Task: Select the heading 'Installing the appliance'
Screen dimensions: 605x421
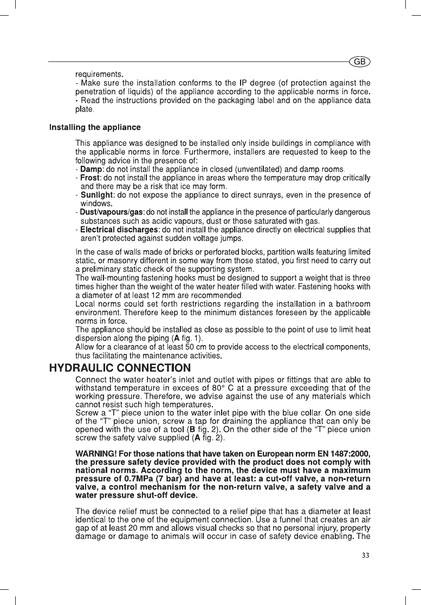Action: click(95, 128)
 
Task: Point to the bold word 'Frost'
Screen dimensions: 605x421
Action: click(91, 178)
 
